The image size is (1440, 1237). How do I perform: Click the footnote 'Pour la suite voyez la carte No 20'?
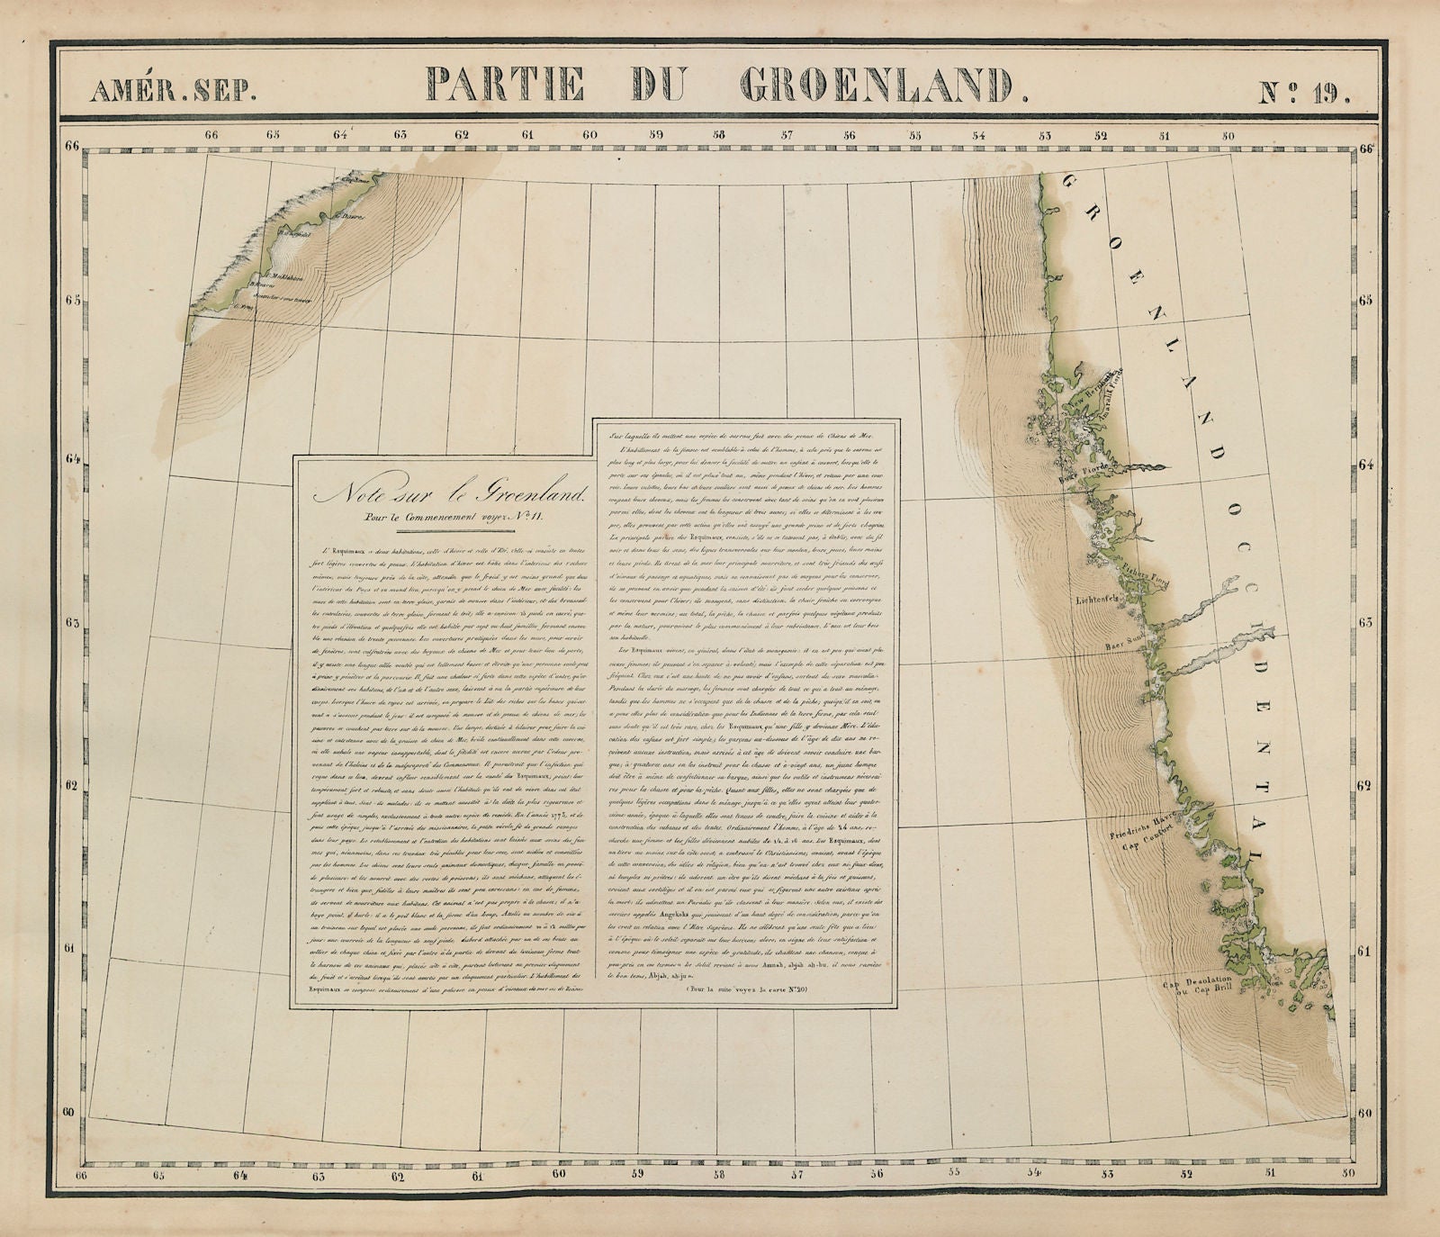click(747, 989)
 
